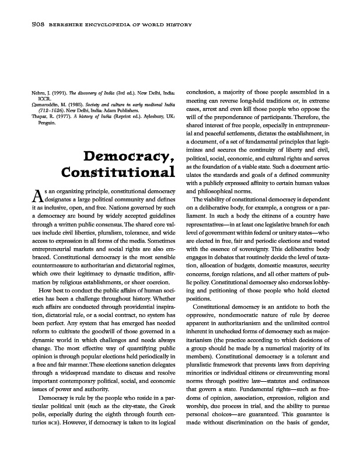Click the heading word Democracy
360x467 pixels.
[130, 157]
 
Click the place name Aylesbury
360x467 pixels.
[150, 116]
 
